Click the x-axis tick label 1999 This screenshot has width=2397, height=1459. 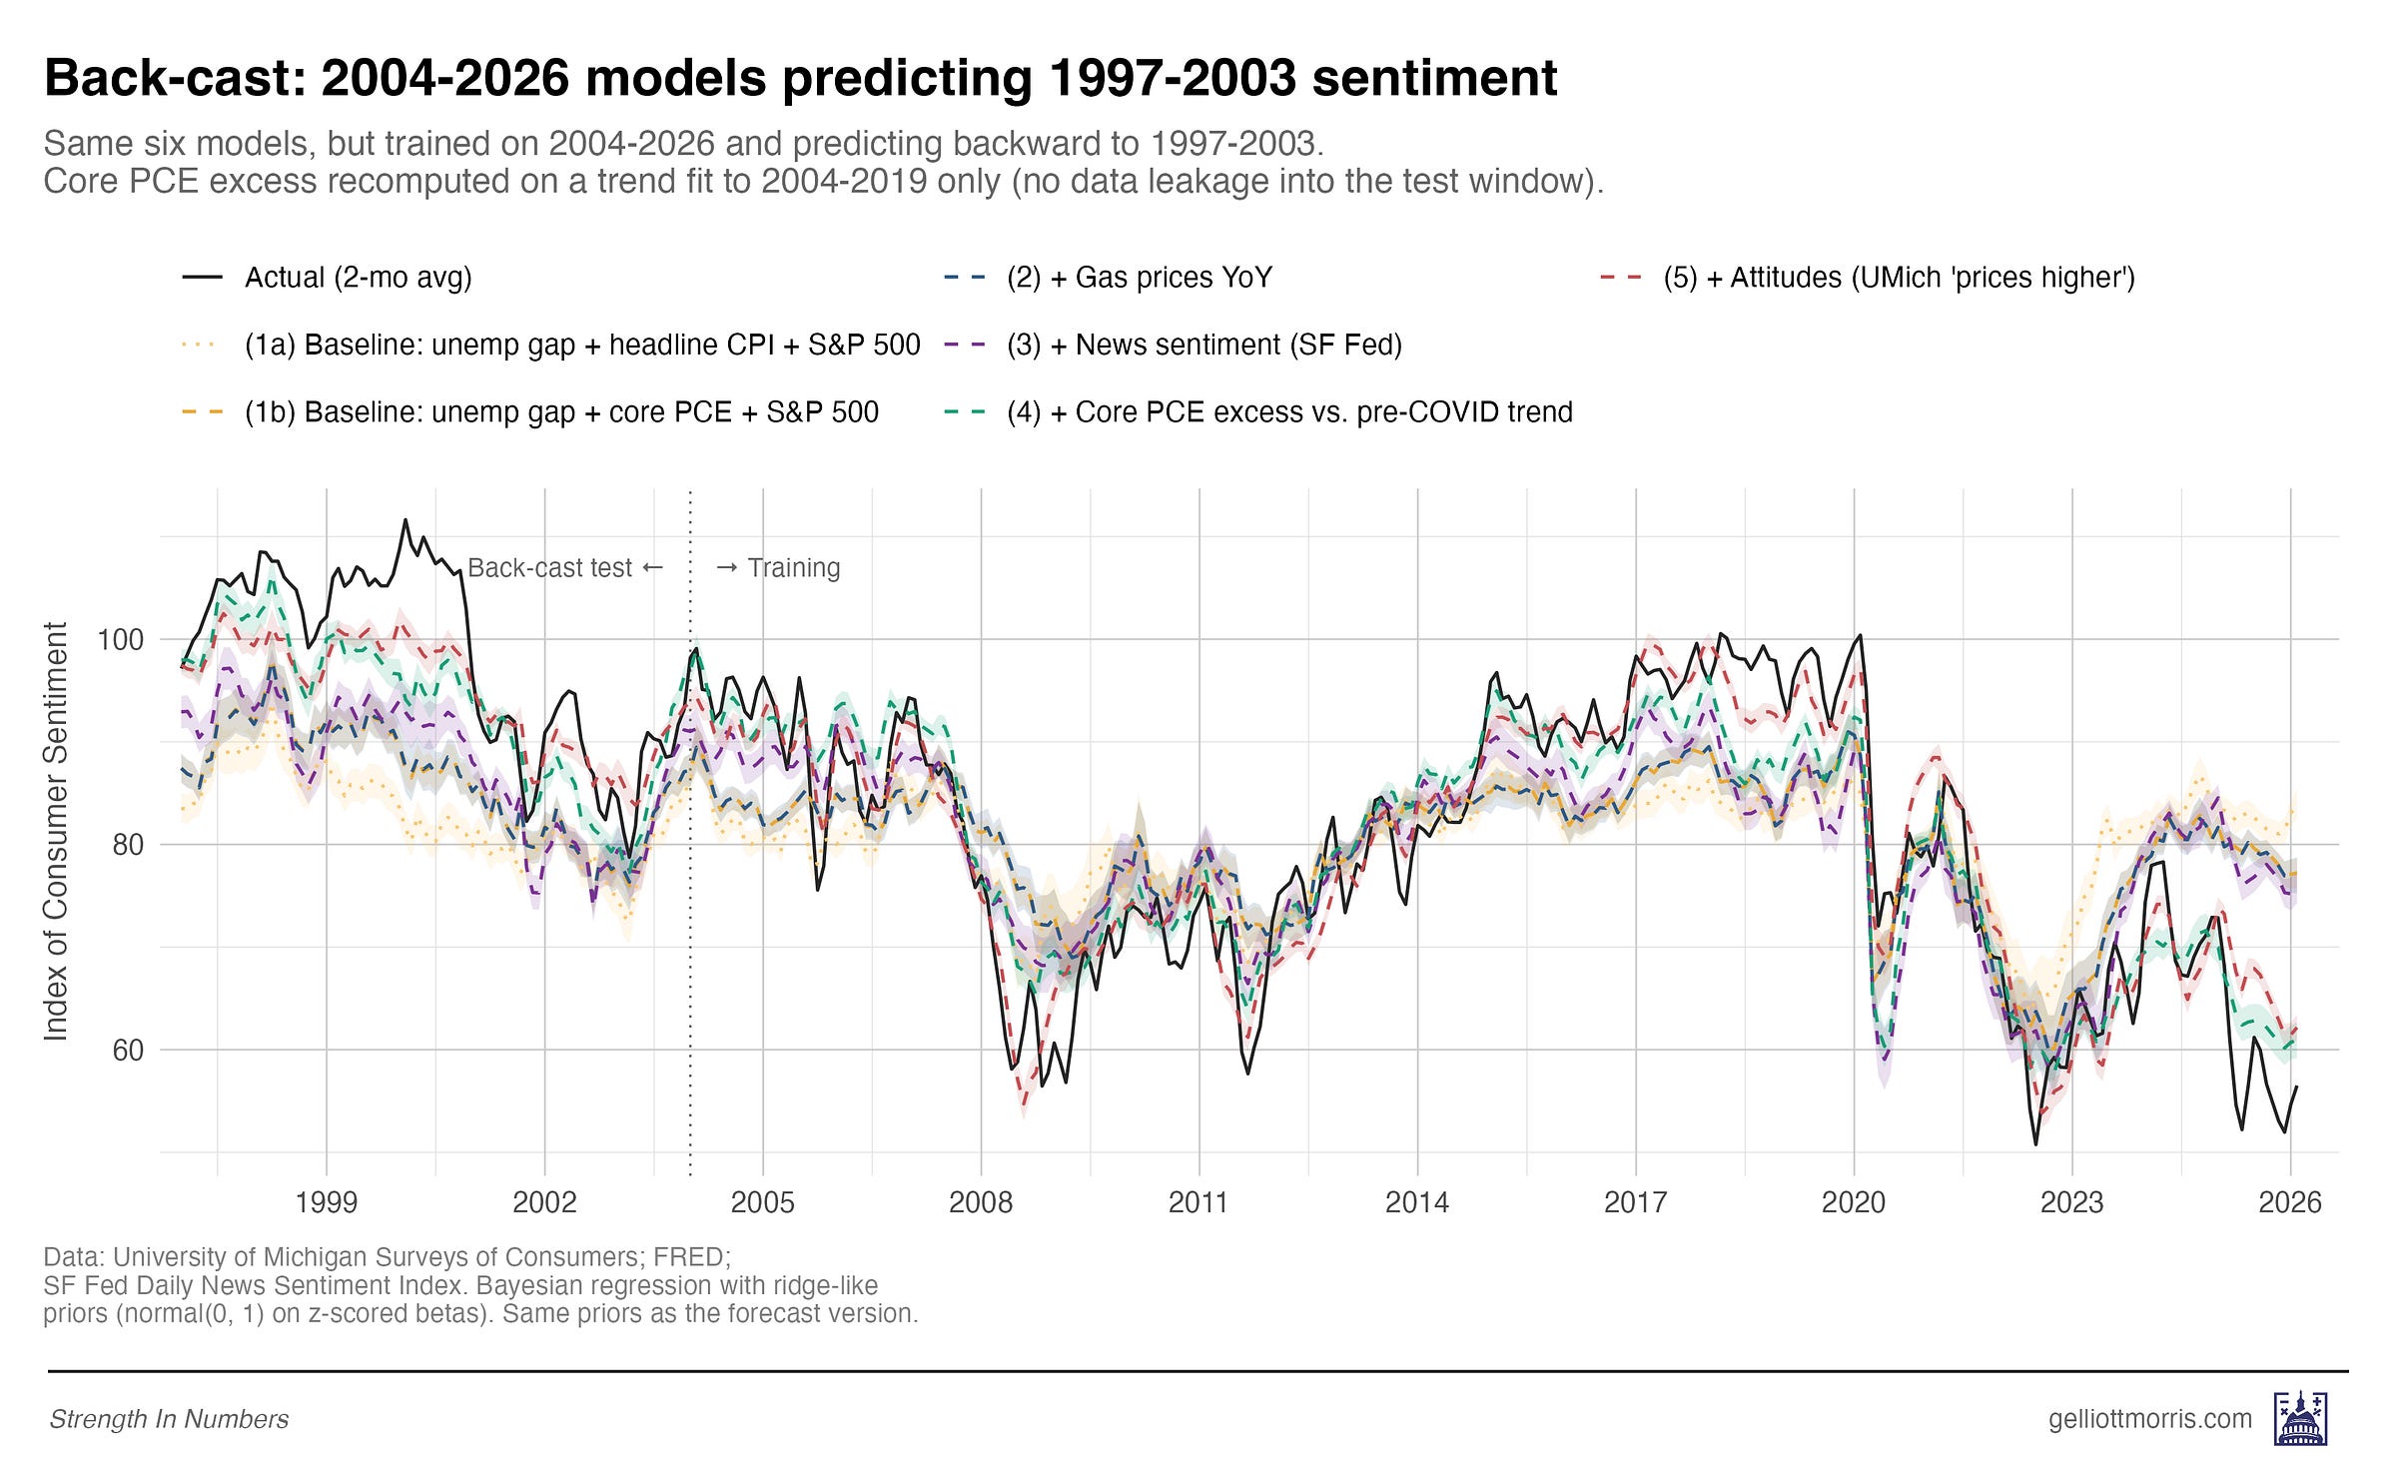[326, 1201]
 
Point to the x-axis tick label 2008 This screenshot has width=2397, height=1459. [980, 1201]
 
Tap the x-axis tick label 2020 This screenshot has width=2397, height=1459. [1853, 1201]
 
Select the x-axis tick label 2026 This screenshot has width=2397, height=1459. [2289, 1201]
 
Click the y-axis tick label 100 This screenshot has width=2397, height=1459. [120, 639]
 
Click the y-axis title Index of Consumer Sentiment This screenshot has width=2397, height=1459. [56, 831]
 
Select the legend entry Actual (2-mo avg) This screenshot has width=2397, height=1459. [358, 278]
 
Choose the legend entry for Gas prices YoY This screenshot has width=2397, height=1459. [1139, 278]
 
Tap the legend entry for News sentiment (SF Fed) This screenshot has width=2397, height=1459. [1203, 345]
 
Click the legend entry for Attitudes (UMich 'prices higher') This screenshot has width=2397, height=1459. [1898, 278]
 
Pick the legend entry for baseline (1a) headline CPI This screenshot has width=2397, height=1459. [581, 345]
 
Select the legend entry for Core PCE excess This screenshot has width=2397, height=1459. [1288, 411]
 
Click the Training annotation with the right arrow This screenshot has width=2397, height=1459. [778, 568]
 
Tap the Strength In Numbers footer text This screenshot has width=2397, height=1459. [169, 1419]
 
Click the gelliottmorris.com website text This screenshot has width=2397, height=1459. [2149, 1419]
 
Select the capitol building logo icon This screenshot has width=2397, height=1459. [2300, 1419]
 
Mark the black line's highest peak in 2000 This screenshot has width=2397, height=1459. [405, 519]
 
